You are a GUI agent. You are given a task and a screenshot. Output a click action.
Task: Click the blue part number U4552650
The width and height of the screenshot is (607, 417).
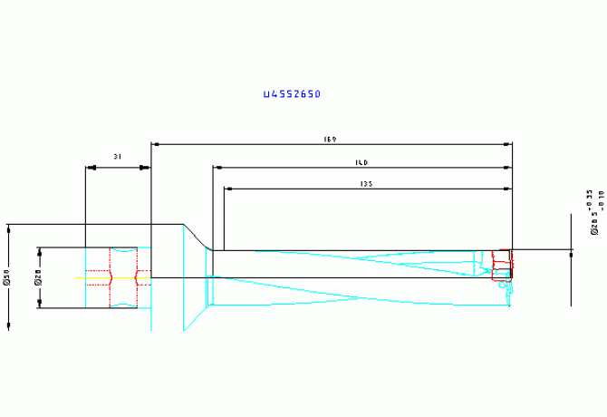point(292,94)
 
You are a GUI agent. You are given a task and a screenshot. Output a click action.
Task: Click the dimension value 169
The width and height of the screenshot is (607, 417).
point(331,140)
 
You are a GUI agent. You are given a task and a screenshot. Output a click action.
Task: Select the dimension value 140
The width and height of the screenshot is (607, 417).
point(361,163)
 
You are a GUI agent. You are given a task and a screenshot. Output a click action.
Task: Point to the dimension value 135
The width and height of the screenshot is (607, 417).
point(367,184)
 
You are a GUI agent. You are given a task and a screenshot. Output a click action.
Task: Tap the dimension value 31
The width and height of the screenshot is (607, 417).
point(118,157)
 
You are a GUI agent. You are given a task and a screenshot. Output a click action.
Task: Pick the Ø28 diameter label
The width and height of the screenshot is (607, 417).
point(38,277)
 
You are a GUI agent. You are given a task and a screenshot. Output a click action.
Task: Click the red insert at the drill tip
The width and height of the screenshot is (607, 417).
point(501,263)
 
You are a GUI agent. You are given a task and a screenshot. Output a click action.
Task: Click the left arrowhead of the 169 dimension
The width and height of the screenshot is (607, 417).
point(155,144)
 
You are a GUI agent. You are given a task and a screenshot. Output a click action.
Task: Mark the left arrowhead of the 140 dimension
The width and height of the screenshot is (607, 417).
point(217,168)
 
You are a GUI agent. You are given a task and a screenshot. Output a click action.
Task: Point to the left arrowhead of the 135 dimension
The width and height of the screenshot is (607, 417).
point(228,189)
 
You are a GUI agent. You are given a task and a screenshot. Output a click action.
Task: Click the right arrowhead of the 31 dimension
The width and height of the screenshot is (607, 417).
point(146,168)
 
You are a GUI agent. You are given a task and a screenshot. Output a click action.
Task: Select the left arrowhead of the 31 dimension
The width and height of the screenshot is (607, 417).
point(89,168)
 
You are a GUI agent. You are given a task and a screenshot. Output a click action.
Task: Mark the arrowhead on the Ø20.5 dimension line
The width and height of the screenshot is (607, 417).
point(572,255)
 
